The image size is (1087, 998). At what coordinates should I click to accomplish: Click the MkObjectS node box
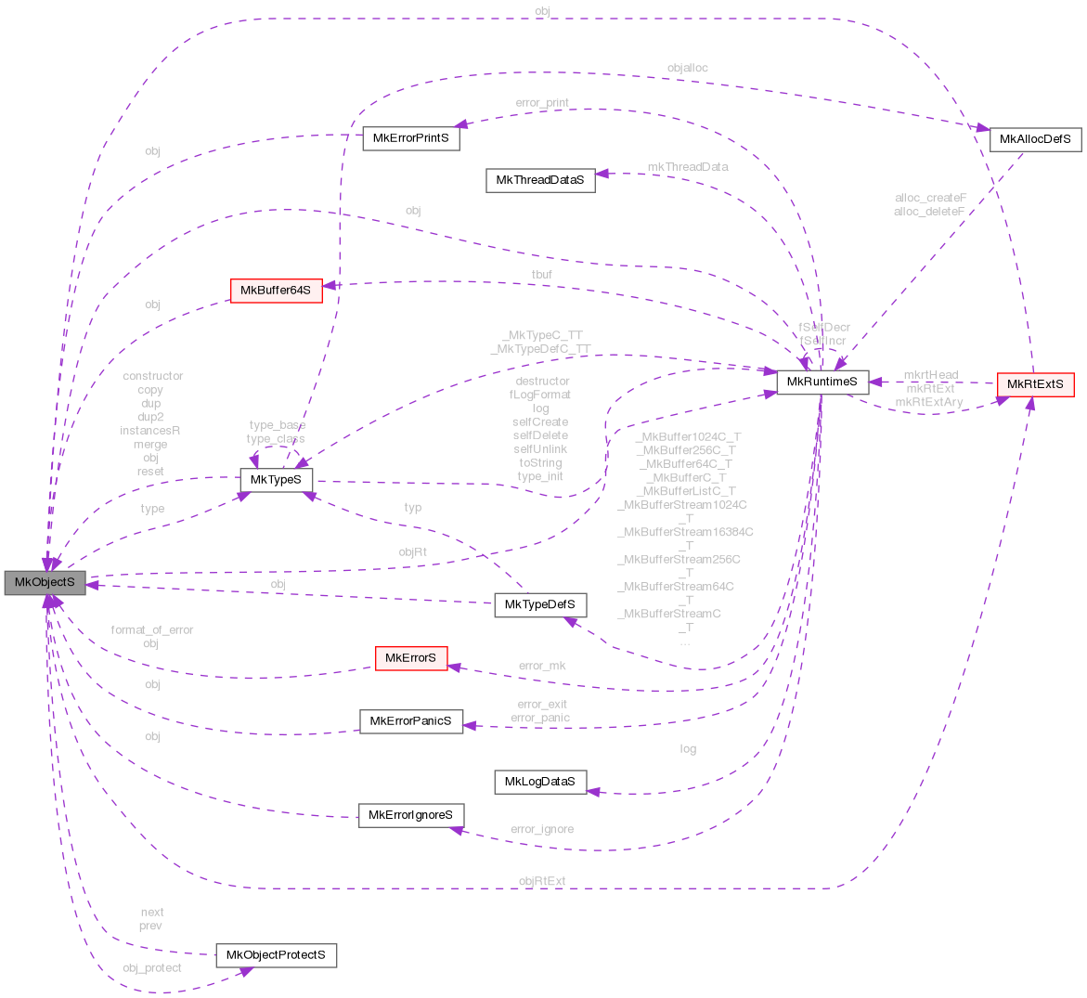45,583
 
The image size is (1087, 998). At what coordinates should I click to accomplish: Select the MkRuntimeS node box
822,382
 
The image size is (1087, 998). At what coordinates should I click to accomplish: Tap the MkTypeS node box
277,479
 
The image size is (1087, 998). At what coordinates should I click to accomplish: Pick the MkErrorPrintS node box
410,138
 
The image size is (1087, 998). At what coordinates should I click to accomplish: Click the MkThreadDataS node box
539,180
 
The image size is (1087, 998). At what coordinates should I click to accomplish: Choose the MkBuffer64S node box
276,291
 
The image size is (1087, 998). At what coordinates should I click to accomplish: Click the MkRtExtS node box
1034,384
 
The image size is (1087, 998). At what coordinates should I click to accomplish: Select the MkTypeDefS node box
539,605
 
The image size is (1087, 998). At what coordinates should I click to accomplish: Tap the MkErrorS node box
410,658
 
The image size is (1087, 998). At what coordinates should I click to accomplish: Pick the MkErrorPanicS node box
410,720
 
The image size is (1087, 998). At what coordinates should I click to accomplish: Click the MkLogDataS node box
539,782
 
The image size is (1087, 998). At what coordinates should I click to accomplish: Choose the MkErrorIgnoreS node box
410,815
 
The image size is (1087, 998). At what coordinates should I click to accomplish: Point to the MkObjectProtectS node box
276,955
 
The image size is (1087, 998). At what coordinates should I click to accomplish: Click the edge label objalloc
687,69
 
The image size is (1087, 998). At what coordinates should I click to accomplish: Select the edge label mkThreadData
687,166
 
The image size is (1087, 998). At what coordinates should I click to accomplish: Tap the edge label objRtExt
542,881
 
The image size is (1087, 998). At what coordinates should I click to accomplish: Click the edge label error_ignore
542,829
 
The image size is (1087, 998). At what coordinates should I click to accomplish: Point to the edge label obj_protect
152,967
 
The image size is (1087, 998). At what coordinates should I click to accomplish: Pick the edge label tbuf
542,275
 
